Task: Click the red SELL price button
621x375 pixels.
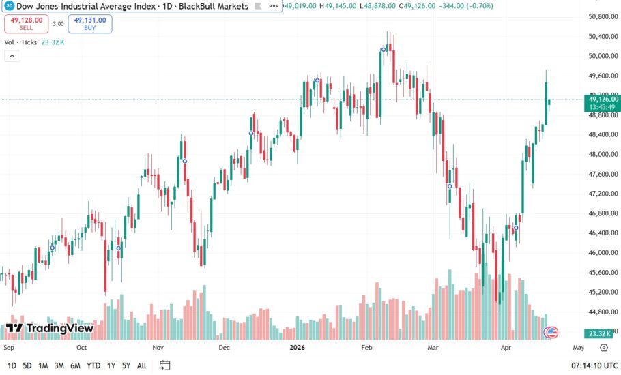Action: click(26, 23)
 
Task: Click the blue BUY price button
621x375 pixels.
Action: click(90, 23)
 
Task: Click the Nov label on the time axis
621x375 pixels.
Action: click(158, 347)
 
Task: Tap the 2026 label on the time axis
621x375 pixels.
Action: click(296, 347)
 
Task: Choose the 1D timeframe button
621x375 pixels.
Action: click(12, 366)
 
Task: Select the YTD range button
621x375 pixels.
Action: click(94, 366)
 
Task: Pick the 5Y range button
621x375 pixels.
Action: click(126, 366)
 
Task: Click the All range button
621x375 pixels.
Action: click(141, 366)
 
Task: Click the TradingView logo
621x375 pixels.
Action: click(49, 328)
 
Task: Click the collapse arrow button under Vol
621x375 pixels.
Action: click(12, 56)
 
